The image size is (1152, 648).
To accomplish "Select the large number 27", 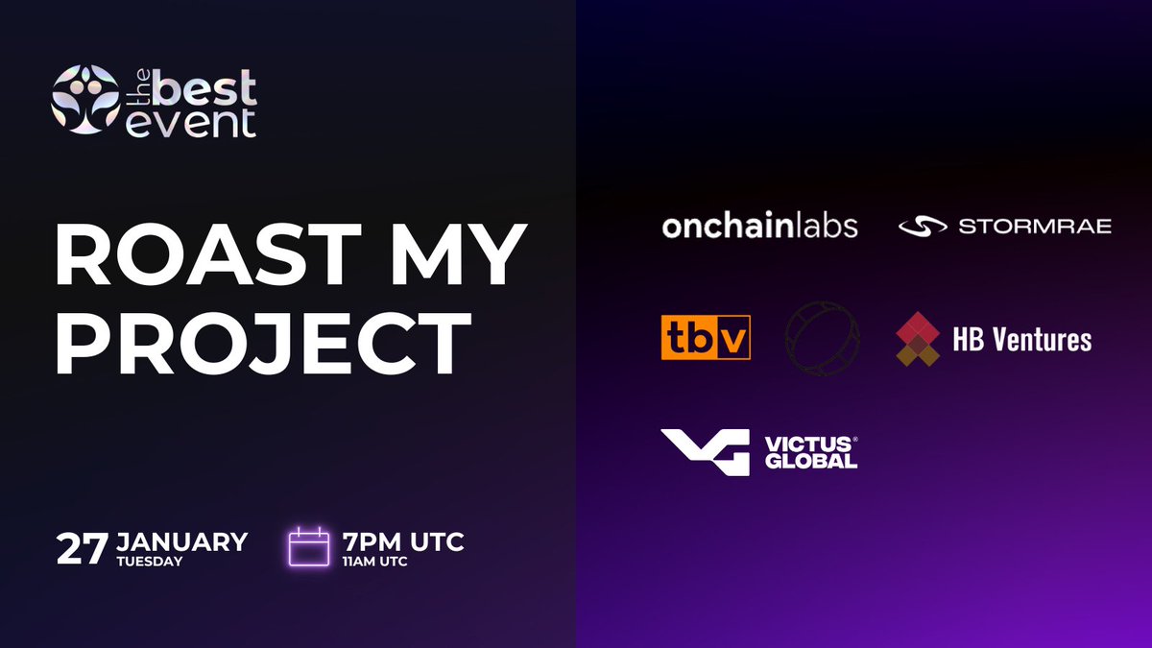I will (x=82, y=548).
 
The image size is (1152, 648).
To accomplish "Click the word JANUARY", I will (x=182, y=541).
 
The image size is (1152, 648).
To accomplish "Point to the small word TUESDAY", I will (x=150, y=562).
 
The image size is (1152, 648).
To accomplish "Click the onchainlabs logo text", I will (x=759, y=227).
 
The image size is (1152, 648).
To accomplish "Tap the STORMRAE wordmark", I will (x=1035, y=227).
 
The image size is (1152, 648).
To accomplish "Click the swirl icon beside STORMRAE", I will (x=923, y=227).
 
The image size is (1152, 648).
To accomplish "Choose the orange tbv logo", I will (x=706, y=339).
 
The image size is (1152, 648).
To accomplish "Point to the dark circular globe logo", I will (x=822, y=339).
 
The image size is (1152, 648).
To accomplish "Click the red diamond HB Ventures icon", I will (x=917, y=339).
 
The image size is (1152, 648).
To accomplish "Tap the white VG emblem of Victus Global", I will (x=705, y=451).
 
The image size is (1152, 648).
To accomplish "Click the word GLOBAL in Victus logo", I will (x=811, y=461).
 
